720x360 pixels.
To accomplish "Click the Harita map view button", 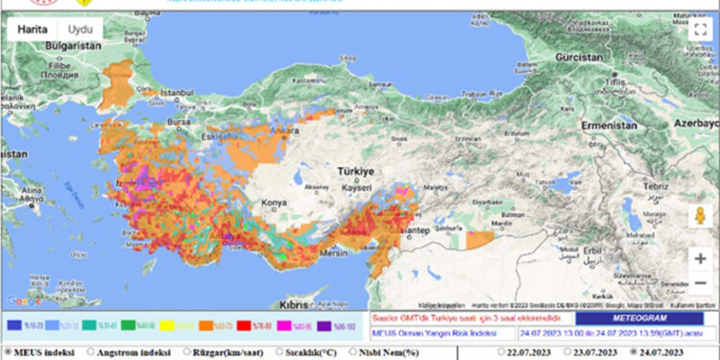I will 34,29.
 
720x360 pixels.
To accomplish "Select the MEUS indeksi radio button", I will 9,351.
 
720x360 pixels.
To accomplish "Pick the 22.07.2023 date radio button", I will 502,351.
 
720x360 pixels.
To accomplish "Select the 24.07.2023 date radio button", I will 635,351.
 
